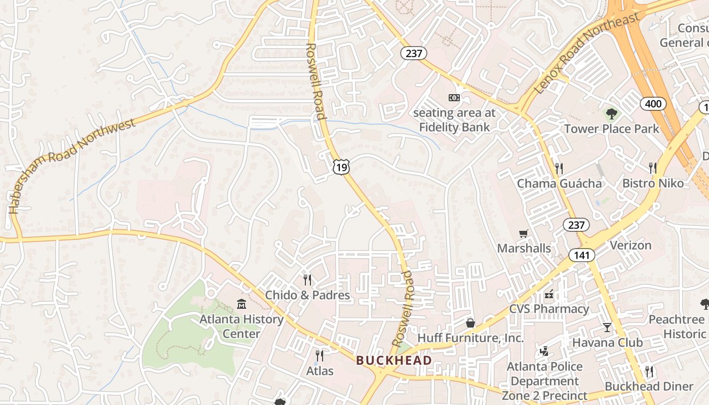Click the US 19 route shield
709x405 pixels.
tap(341, 167)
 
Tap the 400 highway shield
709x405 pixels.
tap(653, 104)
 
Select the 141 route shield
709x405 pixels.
tap(581, 255)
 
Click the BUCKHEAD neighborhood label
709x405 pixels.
tap(394, 360)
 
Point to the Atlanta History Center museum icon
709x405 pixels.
tap(242, 304)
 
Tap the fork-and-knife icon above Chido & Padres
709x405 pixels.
tap(307, 279)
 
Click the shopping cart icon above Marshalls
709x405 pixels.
tap(524, 233)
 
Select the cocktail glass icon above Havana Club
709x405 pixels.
tap(607, 327)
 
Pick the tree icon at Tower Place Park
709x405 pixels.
tap(612, 113)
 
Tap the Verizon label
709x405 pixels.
tap(631, 246)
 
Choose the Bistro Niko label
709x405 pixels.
tap(653, 183)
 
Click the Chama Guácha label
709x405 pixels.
tap(559, 183)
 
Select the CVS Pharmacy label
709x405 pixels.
tap(549, 309)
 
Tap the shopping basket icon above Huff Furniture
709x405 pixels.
tap(470, 322)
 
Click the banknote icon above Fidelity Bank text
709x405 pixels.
tap(454, 98)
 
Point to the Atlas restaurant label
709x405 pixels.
tap(320, 371)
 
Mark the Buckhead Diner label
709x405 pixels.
tap(649, 386)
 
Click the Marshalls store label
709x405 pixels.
tap(524, 248)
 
